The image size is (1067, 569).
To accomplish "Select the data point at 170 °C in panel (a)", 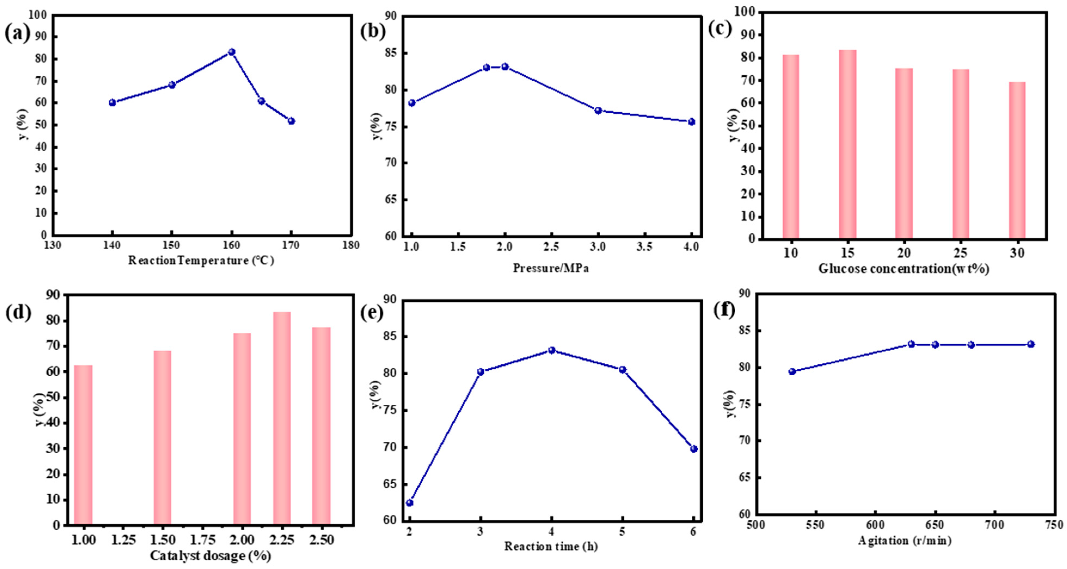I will coord(291,121).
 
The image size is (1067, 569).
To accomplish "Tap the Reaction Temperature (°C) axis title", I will coord(201,260).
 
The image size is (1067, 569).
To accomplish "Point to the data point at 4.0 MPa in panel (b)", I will coord(691,122).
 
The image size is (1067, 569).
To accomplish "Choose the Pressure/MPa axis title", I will coord(551,268).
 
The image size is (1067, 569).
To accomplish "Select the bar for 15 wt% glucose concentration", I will coord(847,144).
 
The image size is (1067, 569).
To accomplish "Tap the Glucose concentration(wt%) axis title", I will coord(904,269).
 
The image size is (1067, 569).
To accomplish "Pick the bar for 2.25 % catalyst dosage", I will coord(282,418).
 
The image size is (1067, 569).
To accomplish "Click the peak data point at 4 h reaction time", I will coord(552,350).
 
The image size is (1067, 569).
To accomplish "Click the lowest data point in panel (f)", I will coord(792,371).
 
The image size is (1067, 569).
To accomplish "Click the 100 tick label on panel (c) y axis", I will coord(742,13).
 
